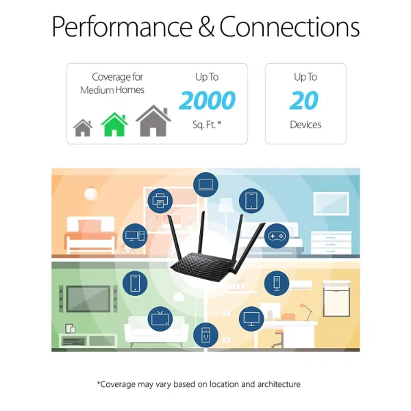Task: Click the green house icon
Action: point(114,125)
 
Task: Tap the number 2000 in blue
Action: point(207,100)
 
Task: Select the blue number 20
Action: point(304,100)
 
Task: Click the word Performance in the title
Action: point(122,27)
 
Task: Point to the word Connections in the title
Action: point(289,27)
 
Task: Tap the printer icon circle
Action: point(160,201)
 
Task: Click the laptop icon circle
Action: point(206,185)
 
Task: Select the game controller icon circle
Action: point(277,236)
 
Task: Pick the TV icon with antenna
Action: point(160,319)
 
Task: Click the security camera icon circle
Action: point(277,284)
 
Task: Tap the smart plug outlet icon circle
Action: point(206,335)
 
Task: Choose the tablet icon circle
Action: point(251,201)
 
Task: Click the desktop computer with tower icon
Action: point(135,236)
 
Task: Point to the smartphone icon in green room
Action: point(135,284)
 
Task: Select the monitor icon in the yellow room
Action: point(251,319)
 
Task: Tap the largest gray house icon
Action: point(153,121)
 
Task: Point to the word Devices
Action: point(306,125)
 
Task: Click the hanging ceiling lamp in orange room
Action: point(90,192)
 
